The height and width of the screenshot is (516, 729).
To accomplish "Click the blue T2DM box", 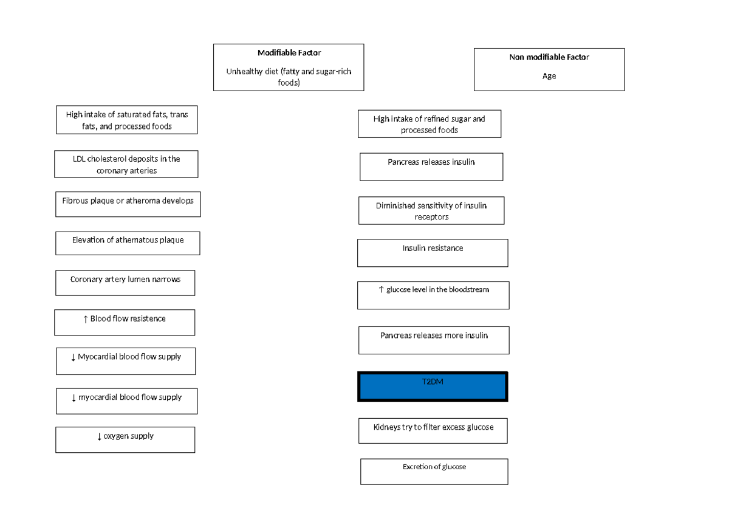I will click(433, 387).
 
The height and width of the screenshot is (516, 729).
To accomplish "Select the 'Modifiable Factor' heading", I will click(289, 53).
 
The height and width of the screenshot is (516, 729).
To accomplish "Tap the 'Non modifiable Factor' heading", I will click(549, 57).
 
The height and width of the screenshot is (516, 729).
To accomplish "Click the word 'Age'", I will click(549, 77).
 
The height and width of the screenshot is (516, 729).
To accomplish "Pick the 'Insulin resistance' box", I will click(433, 252).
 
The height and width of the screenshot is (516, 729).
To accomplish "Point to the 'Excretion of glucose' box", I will click(434, 471).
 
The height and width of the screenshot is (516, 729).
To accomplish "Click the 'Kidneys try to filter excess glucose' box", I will click(433, 430).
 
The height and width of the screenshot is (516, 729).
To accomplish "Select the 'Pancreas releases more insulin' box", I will click(434, 340).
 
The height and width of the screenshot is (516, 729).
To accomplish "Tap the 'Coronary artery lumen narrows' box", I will click(125, 283).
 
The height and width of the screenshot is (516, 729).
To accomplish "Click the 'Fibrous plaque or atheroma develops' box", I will click(128, 205).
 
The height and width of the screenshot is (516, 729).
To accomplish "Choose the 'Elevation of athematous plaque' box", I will click(128, 243).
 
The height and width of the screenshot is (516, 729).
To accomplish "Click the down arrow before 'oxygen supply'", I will click(99, 436).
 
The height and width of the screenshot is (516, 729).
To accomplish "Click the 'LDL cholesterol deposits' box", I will click(126, 164).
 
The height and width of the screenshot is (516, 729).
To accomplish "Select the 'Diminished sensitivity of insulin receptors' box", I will click(431, 210).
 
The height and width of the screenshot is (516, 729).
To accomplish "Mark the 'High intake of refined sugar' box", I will click(430, 124).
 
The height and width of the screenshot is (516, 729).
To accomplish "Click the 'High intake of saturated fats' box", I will click(126, 120).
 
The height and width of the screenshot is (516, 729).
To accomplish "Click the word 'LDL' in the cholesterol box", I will click(79, 159).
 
